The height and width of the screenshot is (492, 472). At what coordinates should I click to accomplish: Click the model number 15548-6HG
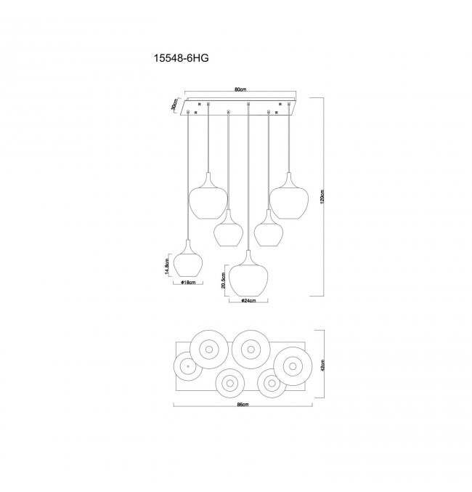[181, 58]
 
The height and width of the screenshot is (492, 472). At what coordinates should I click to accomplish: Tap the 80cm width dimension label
[240, 89]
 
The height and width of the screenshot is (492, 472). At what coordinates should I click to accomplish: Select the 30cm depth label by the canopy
[174, 104]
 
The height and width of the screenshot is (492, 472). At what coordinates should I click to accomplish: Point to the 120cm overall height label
[322, 197]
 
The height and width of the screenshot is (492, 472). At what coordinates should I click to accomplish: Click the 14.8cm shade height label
[167, 267]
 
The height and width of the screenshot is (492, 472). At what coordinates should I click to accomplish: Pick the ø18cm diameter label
[188, 283]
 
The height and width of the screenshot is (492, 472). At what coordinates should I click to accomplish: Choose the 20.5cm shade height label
[223, 280]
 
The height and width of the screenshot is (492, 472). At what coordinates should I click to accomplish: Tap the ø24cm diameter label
[248, 301]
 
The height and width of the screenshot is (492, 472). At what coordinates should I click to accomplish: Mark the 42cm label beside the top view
[323, 365]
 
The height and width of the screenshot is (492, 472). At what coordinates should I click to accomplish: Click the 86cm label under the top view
[243, 405]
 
